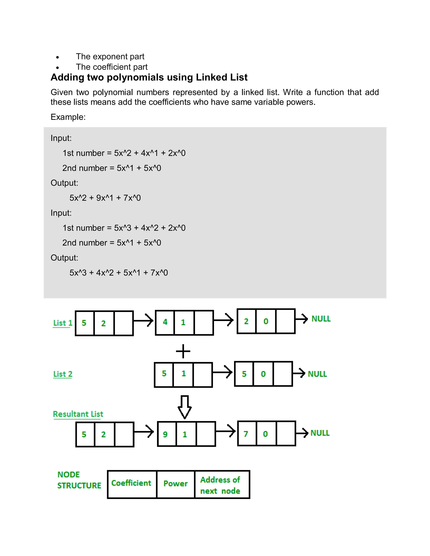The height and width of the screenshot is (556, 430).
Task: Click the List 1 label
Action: tap(63, 323)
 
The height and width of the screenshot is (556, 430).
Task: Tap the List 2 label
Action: tap(63, 374)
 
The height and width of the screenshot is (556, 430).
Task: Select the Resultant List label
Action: tap(78, 414)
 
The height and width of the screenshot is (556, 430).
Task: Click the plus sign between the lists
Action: tap(183, 351)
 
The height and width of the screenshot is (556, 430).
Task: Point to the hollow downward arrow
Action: tap(184, 407)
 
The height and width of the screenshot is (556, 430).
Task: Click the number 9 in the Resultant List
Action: tap(165, 434)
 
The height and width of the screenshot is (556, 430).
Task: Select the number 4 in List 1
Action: tap(165, 322)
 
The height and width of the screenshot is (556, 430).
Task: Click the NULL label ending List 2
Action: tap(317, 374)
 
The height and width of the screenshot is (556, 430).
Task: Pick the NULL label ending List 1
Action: tap(321, 318)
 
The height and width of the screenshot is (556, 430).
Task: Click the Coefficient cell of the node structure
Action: tap(131, 483)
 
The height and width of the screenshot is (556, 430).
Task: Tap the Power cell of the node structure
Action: tap(176, 483)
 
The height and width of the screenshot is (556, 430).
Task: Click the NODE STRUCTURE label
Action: tap(79, 480)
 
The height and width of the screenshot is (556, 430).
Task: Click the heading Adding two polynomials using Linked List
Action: tap(149, 77)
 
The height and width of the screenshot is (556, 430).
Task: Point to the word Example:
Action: tap(68, 117)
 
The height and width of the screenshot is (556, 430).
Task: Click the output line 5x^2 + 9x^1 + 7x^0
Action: tap(105, 198)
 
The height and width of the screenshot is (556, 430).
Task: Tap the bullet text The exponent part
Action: tap(110, 56)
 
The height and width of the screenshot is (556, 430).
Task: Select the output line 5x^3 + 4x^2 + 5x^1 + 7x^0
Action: tap(118, 273)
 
